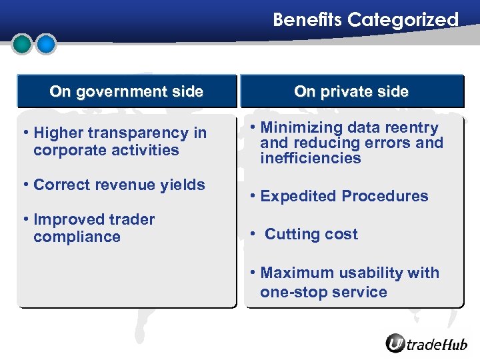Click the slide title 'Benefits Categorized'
pos(365,20)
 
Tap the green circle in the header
pos(23,44)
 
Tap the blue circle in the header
pos(45,44)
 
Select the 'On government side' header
pos(126,92)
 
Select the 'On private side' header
pos(351,92)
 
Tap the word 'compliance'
pos(77,237)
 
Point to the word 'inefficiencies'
pos(311,159)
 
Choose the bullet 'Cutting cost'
pos(311,235)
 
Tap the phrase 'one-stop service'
pos(323,292)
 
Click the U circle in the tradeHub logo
pos(396,343)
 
